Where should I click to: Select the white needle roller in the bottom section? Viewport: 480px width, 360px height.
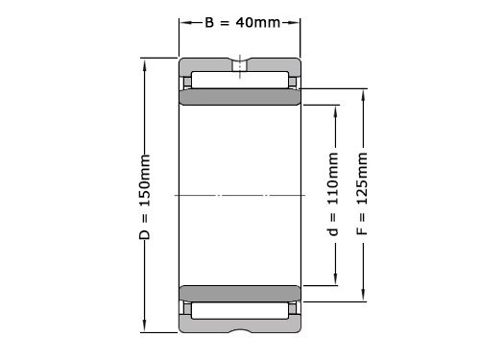tap(240, 311)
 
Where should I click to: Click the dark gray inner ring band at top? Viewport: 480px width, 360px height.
tap(240, 98)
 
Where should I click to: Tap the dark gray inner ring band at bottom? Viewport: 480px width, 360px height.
tap(240, 292)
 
